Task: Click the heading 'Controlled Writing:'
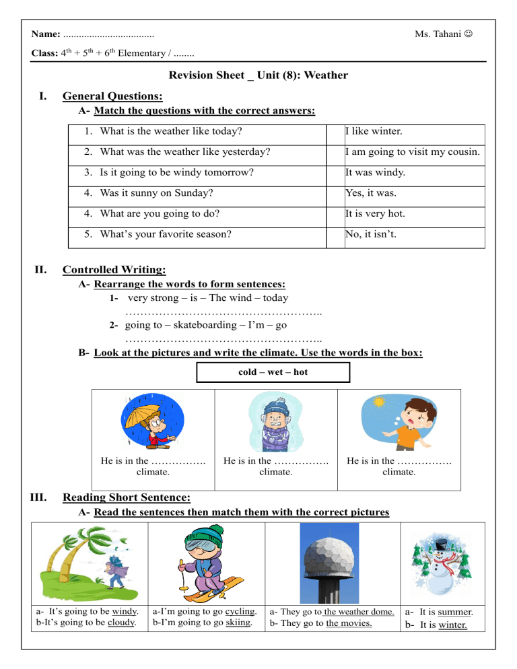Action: (x=114, y=270)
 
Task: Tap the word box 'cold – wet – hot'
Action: (x=273, y=372)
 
